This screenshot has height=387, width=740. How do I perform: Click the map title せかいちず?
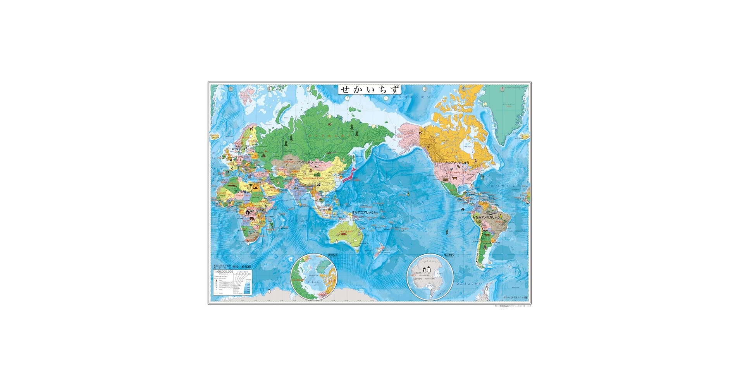(x=370, y=89)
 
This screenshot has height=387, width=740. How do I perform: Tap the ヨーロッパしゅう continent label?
(x=237, y=149)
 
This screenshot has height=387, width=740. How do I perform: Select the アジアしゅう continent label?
(x=305, y=162)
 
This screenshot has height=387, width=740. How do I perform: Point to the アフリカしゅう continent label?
(x=243, y=192)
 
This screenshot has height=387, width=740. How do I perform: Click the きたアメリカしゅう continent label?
(x=457, y=163)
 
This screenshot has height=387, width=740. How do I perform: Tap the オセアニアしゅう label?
(x=363, y=212)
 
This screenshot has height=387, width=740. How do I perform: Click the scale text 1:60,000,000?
(x=224, y=272)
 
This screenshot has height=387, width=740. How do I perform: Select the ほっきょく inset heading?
(x=332, y=255)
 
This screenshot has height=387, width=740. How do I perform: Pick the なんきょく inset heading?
(x=449, y=255)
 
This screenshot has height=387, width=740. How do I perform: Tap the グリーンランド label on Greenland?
(x=508, y=104)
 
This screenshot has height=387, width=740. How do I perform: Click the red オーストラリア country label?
(x=346, y=232)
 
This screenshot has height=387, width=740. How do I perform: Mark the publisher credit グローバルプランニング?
(x=515, y=298)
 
